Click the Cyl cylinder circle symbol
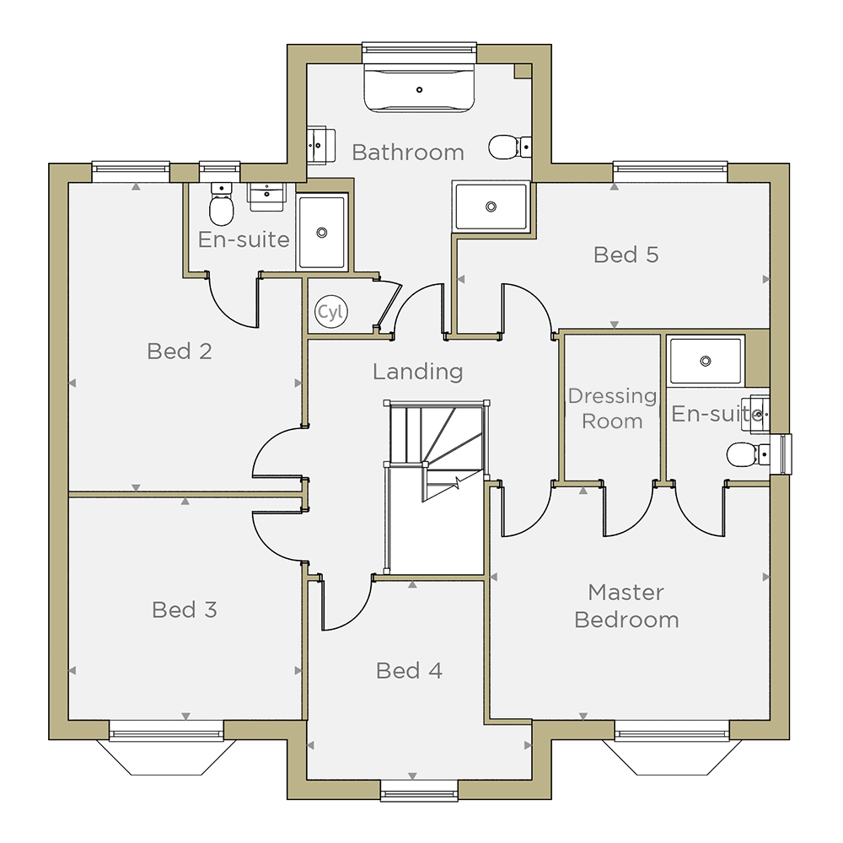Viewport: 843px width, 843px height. pos(331,311)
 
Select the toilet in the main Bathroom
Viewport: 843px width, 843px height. pos(510,147)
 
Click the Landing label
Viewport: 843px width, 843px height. pos(418,372)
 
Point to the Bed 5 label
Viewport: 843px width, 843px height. pos(626,255)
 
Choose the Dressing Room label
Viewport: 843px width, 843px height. pos(612,409)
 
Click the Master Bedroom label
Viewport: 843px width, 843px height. pos(626,606)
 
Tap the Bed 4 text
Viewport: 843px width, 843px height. pos(409,670)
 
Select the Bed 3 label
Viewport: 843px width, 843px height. pos(185,609)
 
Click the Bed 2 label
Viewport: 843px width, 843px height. pos(180,351)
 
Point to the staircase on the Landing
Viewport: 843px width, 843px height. pos(436,487)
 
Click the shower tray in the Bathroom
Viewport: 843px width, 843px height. pos(491,207)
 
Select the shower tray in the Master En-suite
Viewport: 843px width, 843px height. pos(706,361)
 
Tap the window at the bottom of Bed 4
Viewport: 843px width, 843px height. pos(419,791)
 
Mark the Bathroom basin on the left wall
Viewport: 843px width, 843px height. pos(321,145)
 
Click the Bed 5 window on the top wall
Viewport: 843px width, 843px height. pos(670,172)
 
